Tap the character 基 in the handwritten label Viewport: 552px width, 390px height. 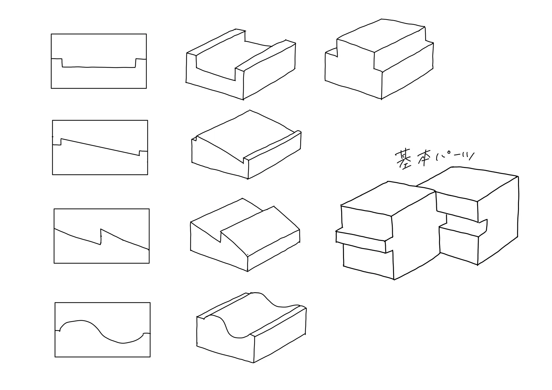tap(404, 159)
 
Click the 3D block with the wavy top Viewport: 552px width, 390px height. tap(251, 328)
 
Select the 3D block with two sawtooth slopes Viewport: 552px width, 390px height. tap(245, 235)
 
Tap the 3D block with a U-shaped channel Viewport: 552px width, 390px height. tap(241, 64)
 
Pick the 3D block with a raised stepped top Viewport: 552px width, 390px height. tap(379, 59)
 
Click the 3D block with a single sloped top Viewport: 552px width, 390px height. tap(246, 145)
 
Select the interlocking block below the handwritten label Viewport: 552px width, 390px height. tap(427, 223)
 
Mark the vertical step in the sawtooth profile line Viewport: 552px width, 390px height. tap(101, 237)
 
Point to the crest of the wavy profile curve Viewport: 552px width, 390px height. tap(79, 320)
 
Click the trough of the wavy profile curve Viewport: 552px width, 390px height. tap(123, 343)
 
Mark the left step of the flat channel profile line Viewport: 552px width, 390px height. tap(62, 63)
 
